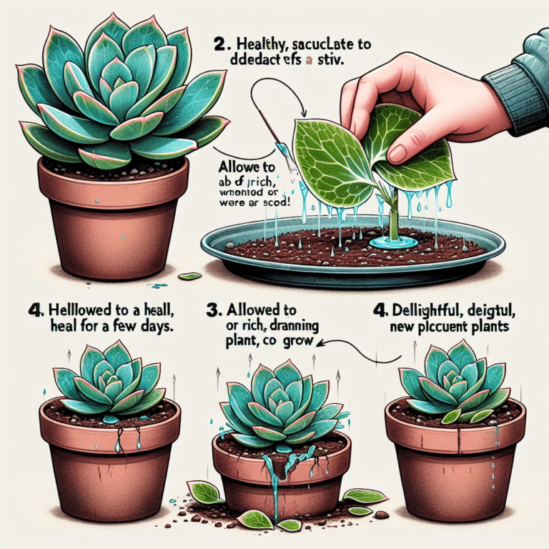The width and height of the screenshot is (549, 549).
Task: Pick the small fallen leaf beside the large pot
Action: click(189, 276)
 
